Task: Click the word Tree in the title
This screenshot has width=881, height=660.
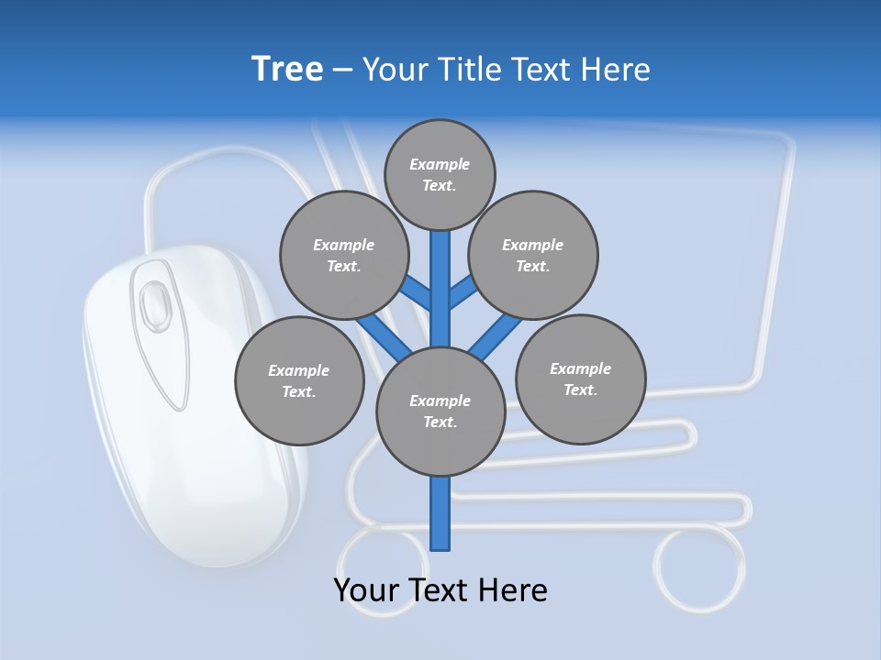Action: pyautogui.click(x=287, y=69)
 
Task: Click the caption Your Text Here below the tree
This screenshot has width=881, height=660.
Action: pyautogui.click(x=440, y=590)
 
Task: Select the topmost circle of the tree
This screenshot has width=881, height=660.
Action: pyautogui.click(x=440, y=174)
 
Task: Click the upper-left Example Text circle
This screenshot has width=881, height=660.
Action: pyautogui.click(x=344, y=255)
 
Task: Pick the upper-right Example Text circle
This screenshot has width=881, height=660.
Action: pyautogui.click(x=533, y=255)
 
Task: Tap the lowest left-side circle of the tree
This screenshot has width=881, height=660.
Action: pyautogui.click(x=299, y=380)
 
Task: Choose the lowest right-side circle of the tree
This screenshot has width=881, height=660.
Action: pyautogui.click(x=581, y=379)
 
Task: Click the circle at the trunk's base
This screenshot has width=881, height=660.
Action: pyautogui.click(x=440, y=412)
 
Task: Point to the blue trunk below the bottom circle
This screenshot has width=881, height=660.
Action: pyautogui.click(x=440, y=513)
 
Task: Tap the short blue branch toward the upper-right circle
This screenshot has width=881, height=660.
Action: pyautogui.click(x=463, y=292)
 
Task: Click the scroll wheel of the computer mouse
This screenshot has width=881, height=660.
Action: pyautogui.click(x=154, y=301)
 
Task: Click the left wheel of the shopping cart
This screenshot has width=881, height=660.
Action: pyautogui.click(x=382, y=568)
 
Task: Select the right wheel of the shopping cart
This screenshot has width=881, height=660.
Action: pyautogui.click(x=700, y=568)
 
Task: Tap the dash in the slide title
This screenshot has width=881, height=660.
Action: pyautogui.click(x=342, y=69)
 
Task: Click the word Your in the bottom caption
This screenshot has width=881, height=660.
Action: pyautogui.click(x=368, y=590)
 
